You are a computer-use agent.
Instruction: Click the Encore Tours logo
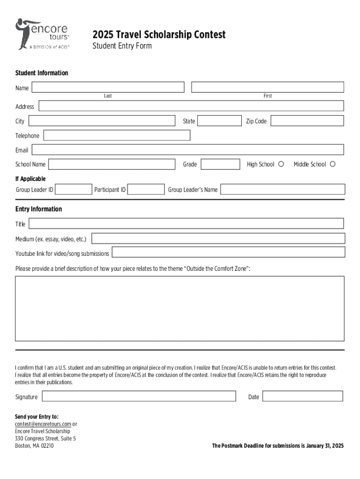[x=43, y=34]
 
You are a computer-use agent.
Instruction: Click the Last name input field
[x=108, y=87]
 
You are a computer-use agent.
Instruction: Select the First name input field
[x=267, y=87]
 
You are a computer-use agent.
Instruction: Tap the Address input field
[x=191, y=106]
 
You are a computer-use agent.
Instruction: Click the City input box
[x=101, y=121]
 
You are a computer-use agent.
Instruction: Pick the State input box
[x=219, y=121]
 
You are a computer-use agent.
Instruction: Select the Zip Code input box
[x=307, y=121]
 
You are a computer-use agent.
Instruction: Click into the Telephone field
[x=117, y=136]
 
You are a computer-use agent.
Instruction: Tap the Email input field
[x=187, y=150]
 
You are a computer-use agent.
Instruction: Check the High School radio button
[x=281, y=164]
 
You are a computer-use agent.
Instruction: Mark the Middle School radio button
[x=333, y=164]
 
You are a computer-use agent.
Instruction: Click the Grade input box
[x=219, y=164]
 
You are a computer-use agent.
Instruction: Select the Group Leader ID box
[x=73, y=189]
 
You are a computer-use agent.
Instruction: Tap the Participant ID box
[x=146, y=189]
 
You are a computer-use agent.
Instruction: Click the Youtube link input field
[x=228, y=253]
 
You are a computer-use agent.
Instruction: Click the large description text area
[x=180, y=308]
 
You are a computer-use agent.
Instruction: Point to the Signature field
[x=139, y=396]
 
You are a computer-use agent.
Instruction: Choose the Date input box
[x=302, y=396]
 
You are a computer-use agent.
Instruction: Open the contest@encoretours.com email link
[x=40, y=424]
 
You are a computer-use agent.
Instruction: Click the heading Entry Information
[x=38, y=209]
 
